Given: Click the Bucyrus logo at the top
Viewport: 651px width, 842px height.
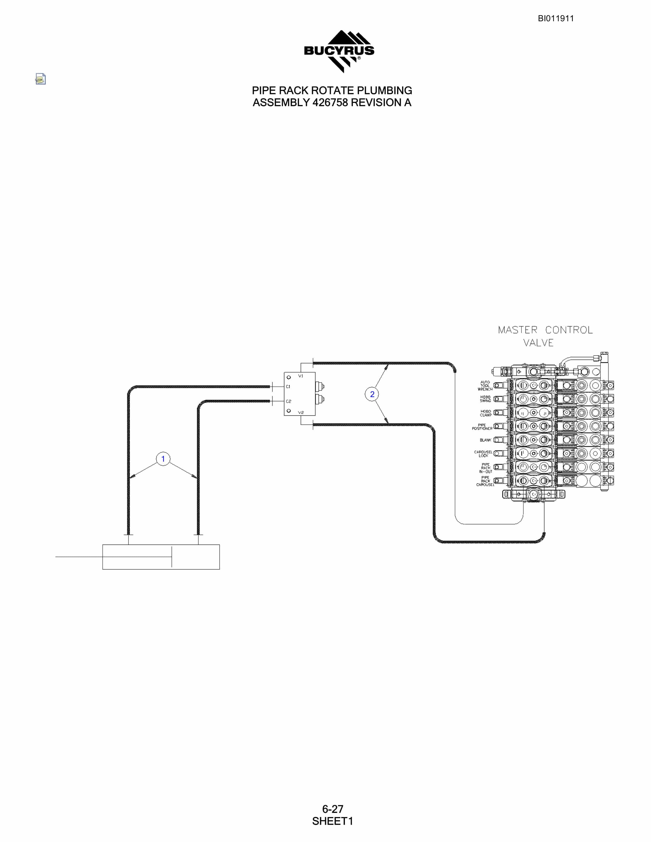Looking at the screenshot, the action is point(339,51).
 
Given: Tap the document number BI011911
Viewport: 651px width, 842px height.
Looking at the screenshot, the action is point(556,19).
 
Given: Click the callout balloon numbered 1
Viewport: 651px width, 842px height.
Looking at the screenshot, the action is point(163,459).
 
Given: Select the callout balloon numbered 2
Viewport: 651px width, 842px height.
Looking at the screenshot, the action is point(372,394).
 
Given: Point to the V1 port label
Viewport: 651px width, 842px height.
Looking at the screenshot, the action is point(301,376).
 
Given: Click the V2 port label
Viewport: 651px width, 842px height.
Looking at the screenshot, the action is point(301,412).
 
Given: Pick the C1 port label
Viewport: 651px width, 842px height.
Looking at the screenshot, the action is point(288,387).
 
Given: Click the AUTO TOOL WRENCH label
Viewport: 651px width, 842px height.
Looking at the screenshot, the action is point(485,386).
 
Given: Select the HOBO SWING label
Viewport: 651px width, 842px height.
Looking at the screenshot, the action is point(485,399).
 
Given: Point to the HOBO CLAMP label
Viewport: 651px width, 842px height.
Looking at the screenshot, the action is point(486,413).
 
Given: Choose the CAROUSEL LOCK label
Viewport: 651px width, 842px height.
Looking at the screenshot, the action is point(483,454).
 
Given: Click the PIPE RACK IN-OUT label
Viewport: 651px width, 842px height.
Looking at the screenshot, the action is point(486,468).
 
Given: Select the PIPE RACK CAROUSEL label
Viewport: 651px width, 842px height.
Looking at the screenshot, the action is point(485,481).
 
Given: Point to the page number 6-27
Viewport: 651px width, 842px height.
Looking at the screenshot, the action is point(332,809).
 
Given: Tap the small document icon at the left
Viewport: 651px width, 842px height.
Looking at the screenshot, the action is point(40,79).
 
